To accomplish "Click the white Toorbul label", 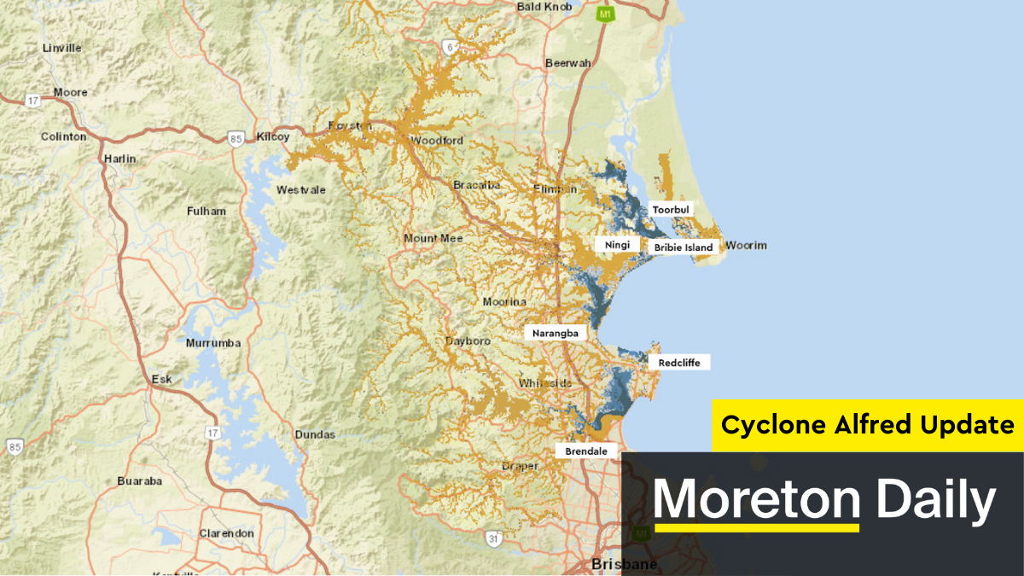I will tap(670, 209).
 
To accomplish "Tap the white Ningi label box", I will tap(617, 245).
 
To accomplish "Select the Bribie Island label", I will tap(683, 247).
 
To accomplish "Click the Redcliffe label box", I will tap(678, 363).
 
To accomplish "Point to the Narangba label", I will tap(556, 333).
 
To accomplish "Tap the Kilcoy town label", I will tap(273, 137).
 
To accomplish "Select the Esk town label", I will tap(161, 379).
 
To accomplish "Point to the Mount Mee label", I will tap(433, 238).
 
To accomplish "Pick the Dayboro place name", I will tap(468, 341).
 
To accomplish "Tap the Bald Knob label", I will tap(544, 7).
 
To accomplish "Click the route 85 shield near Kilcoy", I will tap(236, 137).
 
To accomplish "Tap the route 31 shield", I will tap(493, 538).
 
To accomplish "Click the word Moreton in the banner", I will tap(756, 500).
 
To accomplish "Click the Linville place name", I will tap(61, 48).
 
